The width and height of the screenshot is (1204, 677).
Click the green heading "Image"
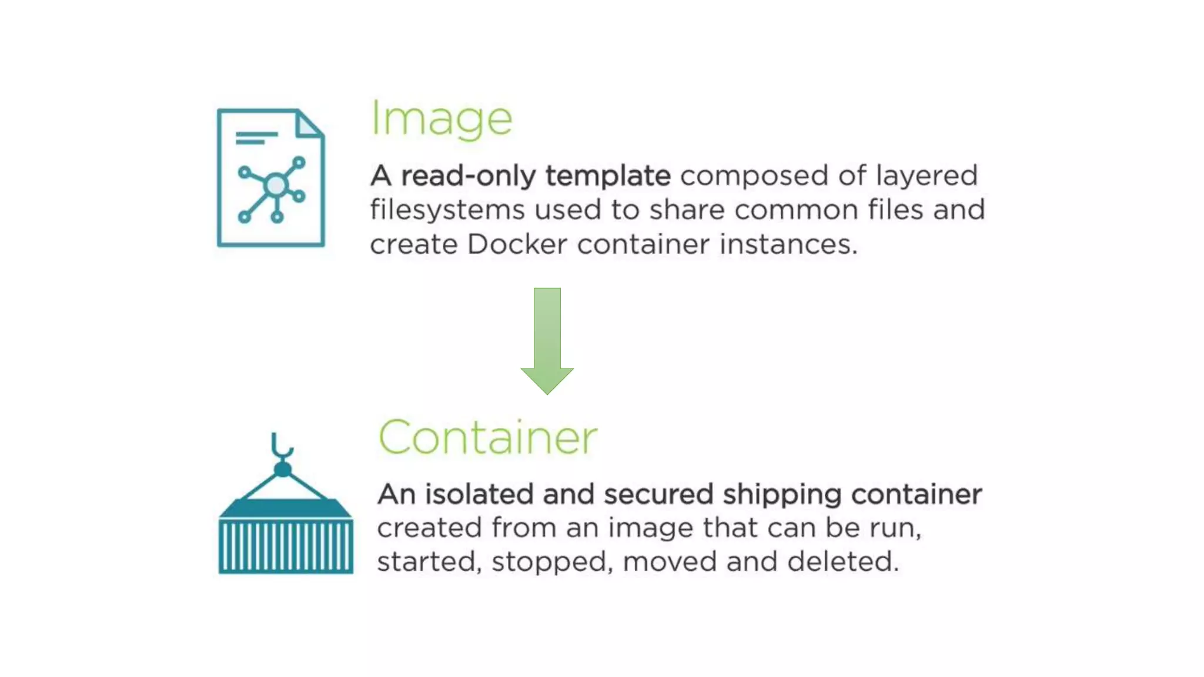pos(442,120)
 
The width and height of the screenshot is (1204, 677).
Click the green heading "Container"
pos(487,438)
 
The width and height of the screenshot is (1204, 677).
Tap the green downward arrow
pos(547,340)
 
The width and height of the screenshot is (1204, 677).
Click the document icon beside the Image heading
pos(270,177)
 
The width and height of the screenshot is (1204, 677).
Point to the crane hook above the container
pos(282,447)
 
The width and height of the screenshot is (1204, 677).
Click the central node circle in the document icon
pos(275,186)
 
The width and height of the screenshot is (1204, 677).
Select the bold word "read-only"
pos(469,176)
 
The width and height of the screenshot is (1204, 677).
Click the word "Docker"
pos(517,244)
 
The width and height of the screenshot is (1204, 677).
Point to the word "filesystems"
pos(447,210)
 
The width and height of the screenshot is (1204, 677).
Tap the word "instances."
pos(788,244)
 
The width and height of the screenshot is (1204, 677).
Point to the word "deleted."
pos(842,562)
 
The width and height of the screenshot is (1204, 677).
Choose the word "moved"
pos(670,562)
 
